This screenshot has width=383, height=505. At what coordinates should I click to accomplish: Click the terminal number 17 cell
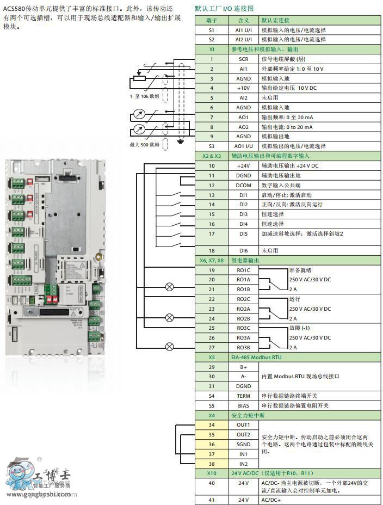(212, 233)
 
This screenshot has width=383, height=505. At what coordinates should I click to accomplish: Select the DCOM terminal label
(243, 185)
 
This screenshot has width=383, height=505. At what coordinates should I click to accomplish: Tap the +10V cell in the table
(243, 88)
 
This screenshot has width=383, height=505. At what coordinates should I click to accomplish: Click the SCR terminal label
(243, 58)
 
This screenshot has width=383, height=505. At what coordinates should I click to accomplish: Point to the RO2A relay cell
(243, 309)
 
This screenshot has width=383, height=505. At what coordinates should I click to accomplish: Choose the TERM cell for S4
(243, 396)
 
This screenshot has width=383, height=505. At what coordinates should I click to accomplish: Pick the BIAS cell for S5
(243, 405)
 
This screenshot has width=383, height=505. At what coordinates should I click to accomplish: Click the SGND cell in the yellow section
(243, 444)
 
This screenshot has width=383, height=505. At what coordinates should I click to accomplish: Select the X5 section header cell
(212, 357)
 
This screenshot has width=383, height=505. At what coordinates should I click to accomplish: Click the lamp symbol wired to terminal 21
(170, 287)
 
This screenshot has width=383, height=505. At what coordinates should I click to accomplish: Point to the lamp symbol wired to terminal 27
(170, 346)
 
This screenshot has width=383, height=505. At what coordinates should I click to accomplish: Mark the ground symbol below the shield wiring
(181, 142)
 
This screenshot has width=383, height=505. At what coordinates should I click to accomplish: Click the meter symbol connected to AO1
(139, 115)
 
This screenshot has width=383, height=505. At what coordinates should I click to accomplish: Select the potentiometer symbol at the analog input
(139, 78)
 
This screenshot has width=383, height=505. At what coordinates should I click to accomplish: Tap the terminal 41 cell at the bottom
(212, 499)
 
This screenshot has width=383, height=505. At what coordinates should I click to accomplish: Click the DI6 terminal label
(243, 250)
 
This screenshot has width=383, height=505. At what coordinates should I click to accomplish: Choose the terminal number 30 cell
(212, 376)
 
